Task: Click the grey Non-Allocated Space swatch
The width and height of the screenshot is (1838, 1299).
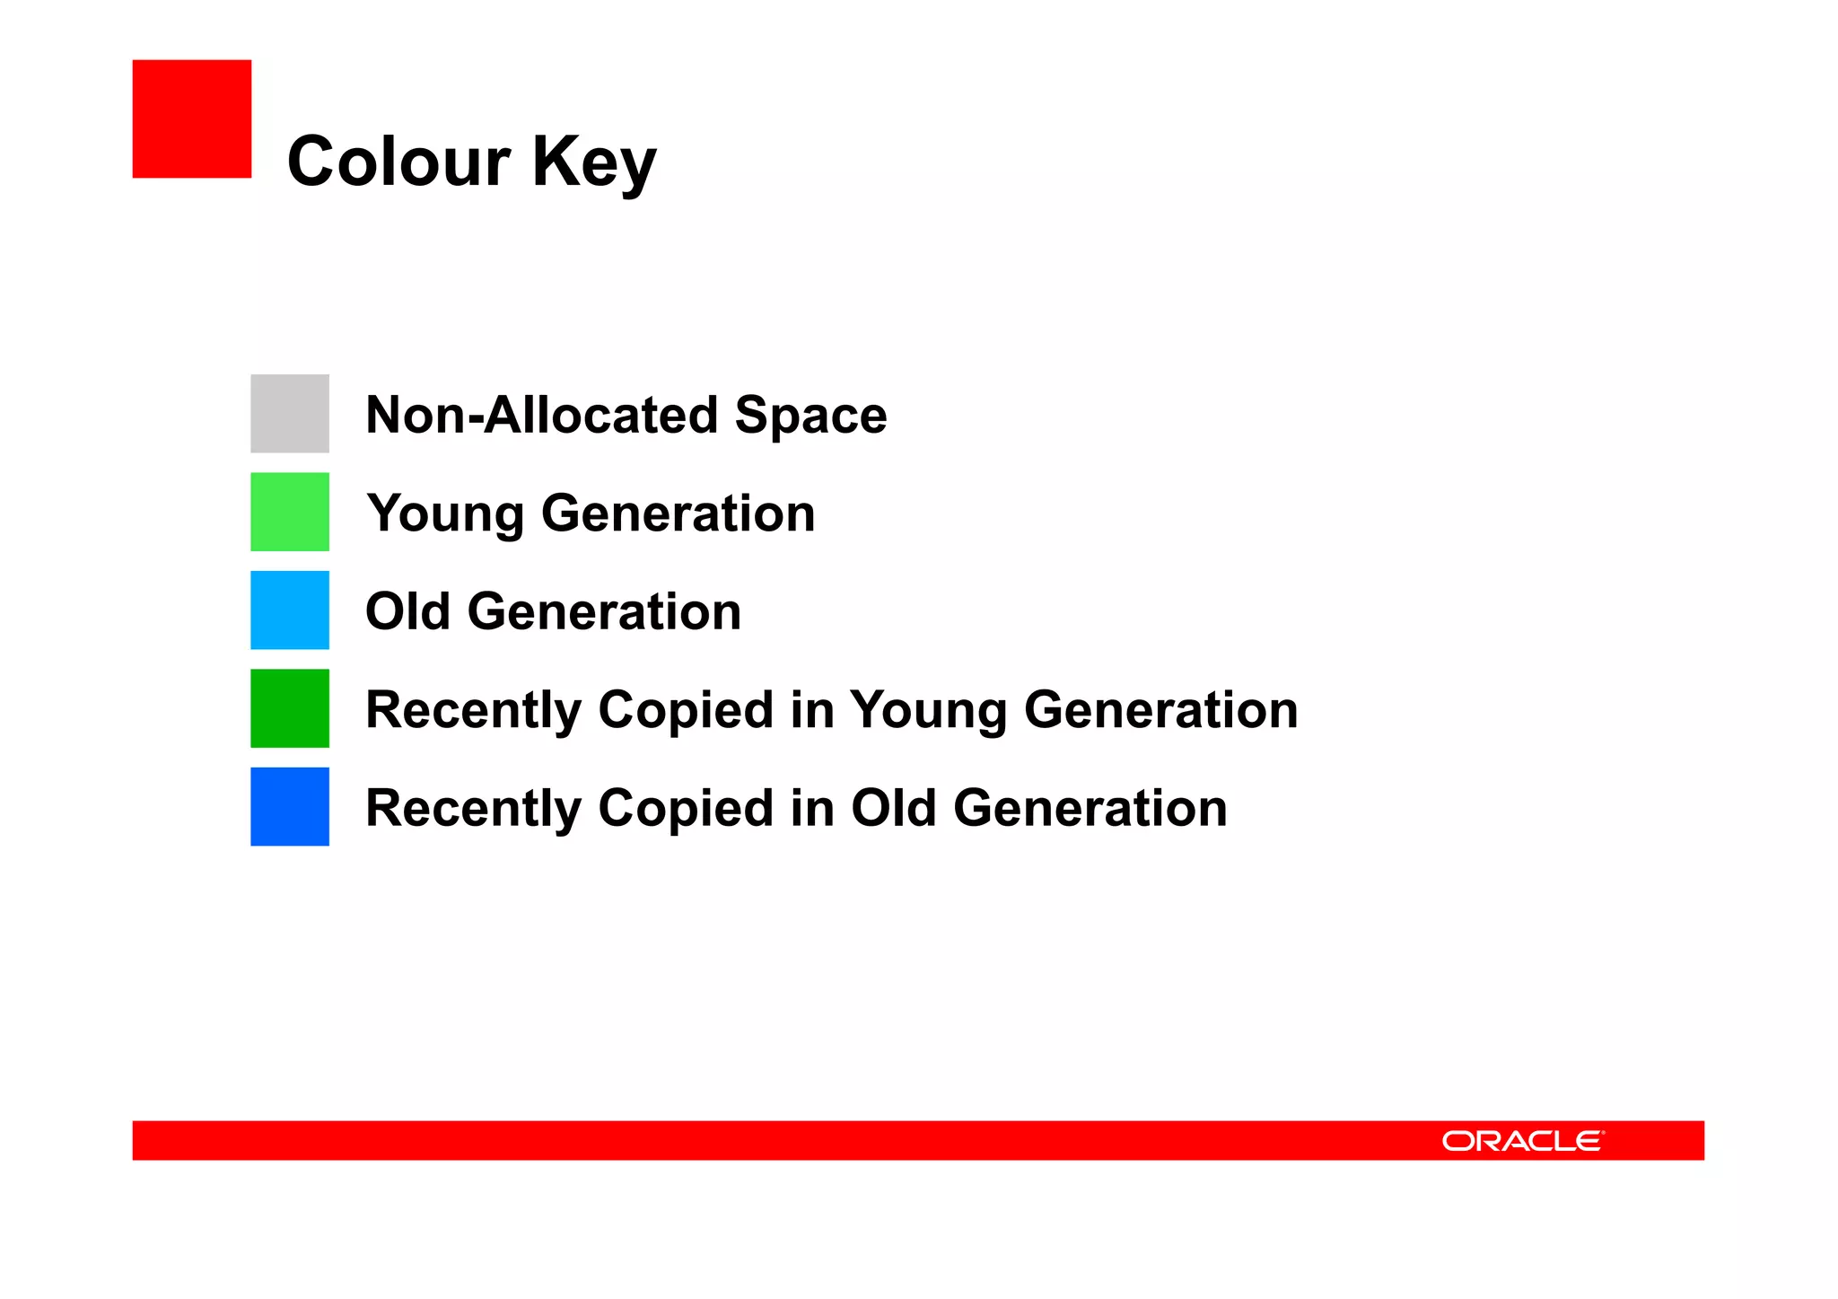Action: [289, 413]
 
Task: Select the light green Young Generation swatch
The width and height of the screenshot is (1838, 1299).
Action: [289, 512]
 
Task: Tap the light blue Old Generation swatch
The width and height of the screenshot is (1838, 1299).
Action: [289, 610]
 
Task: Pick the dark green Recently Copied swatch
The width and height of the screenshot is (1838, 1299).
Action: [289, 708]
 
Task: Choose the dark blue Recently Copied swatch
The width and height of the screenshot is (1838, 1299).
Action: [289, 806]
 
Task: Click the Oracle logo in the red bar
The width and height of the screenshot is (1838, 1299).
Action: [1522, 1141]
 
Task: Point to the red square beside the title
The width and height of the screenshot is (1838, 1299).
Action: [191, 118]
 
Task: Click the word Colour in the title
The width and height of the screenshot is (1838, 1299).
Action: [398, 162]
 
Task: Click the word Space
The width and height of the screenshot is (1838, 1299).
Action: [810, 417]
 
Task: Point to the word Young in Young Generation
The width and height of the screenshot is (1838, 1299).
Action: [445, 514]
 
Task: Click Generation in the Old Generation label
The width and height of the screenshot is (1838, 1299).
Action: [604, 611]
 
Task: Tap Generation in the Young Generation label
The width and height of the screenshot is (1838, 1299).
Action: [678, 513]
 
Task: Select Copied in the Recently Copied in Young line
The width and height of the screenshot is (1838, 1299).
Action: [686, 710]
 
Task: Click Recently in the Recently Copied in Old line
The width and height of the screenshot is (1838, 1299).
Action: [474, 809]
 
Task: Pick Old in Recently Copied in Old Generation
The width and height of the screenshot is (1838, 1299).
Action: [893, 808]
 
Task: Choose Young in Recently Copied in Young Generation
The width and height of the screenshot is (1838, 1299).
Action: [928, 711]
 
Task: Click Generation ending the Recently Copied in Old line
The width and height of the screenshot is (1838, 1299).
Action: [1090, 808]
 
